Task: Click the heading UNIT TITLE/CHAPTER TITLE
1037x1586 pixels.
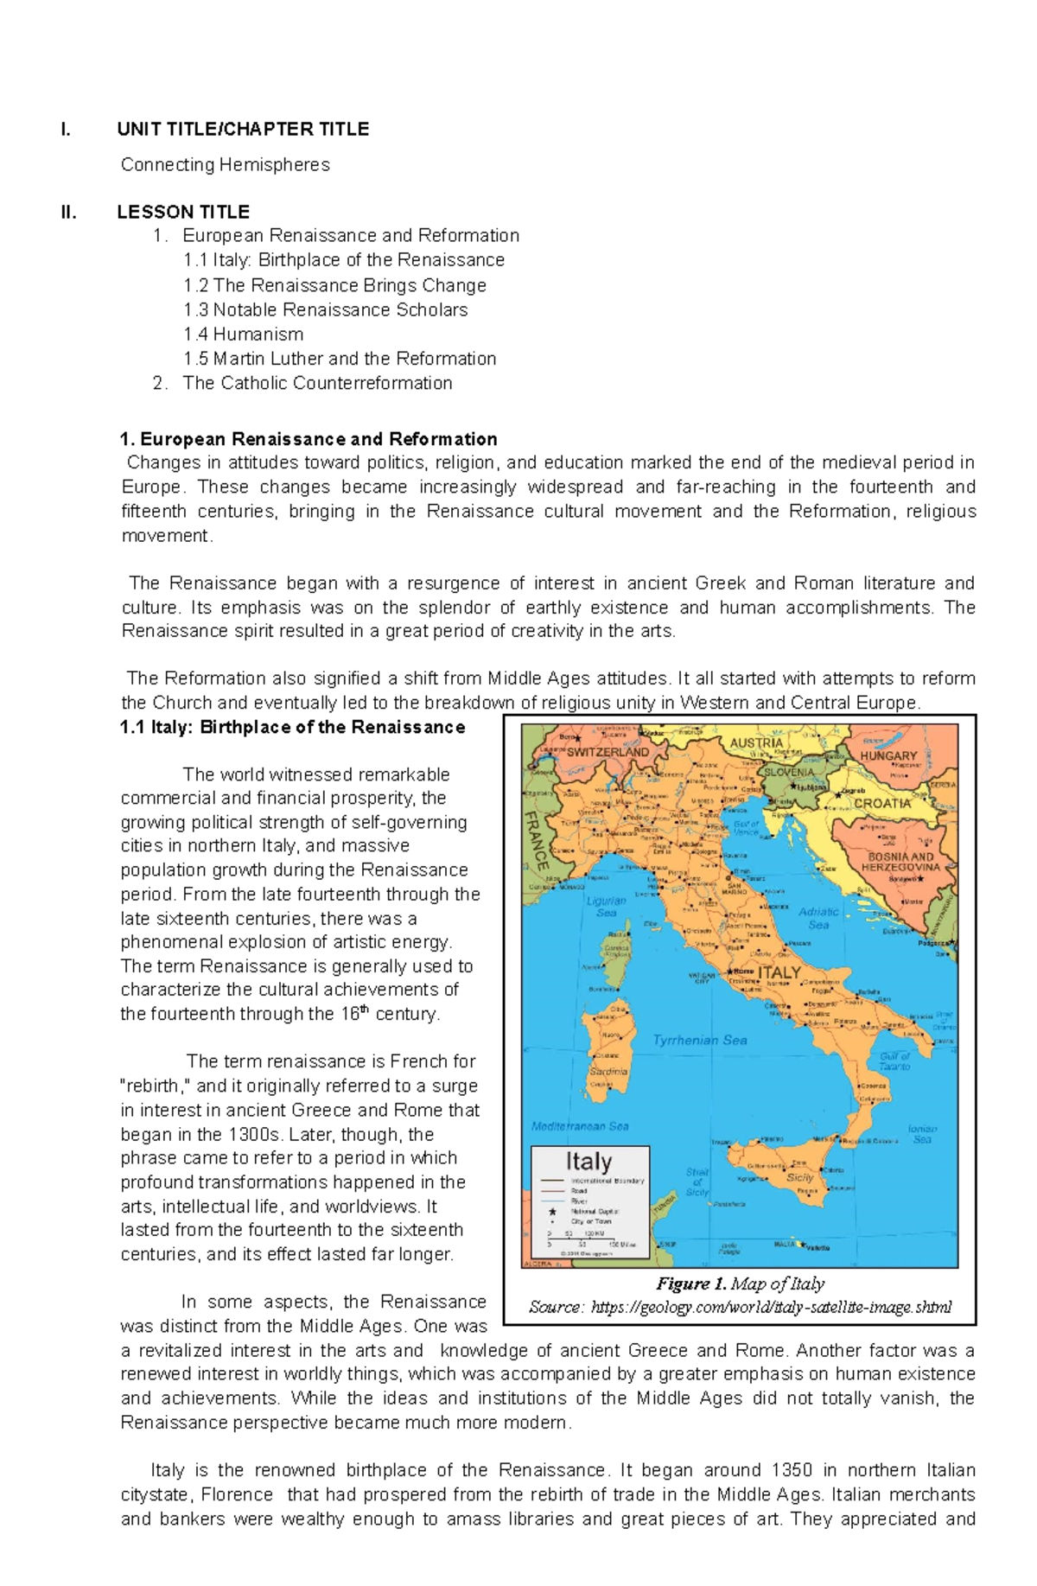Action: tap(243, 130)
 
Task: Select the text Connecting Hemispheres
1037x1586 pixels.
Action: tap(225, 165)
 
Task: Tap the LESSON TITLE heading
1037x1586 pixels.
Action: tap(183, 213)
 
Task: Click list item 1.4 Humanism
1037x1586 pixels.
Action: tap(243, 334)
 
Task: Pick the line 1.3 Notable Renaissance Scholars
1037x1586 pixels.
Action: tap(325, 310)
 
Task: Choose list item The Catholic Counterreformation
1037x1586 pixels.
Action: tap(317, 384)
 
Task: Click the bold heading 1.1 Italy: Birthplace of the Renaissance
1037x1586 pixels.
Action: tap(293, 728)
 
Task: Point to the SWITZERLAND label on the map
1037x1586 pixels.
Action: tap(608, 752)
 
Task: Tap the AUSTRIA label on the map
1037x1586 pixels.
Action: tap(756, 742)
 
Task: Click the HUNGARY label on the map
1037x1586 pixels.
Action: tap(887, 755)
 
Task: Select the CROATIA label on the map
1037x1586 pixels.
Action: tap(881, 803)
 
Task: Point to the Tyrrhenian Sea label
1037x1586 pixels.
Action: tap(699, 1041)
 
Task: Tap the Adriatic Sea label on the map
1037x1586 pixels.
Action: tap(818, 918)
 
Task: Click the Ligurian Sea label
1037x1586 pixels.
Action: tap(607, 906)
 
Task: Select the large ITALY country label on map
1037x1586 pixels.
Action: tap(779, 972)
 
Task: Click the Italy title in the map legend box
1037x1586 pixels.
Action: tap(588, 1161)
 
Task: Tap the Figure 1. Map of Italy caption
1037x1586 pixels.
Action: tap(740, 1283)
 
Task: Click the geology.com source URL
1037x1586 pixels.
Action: tap(771, 1307)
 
